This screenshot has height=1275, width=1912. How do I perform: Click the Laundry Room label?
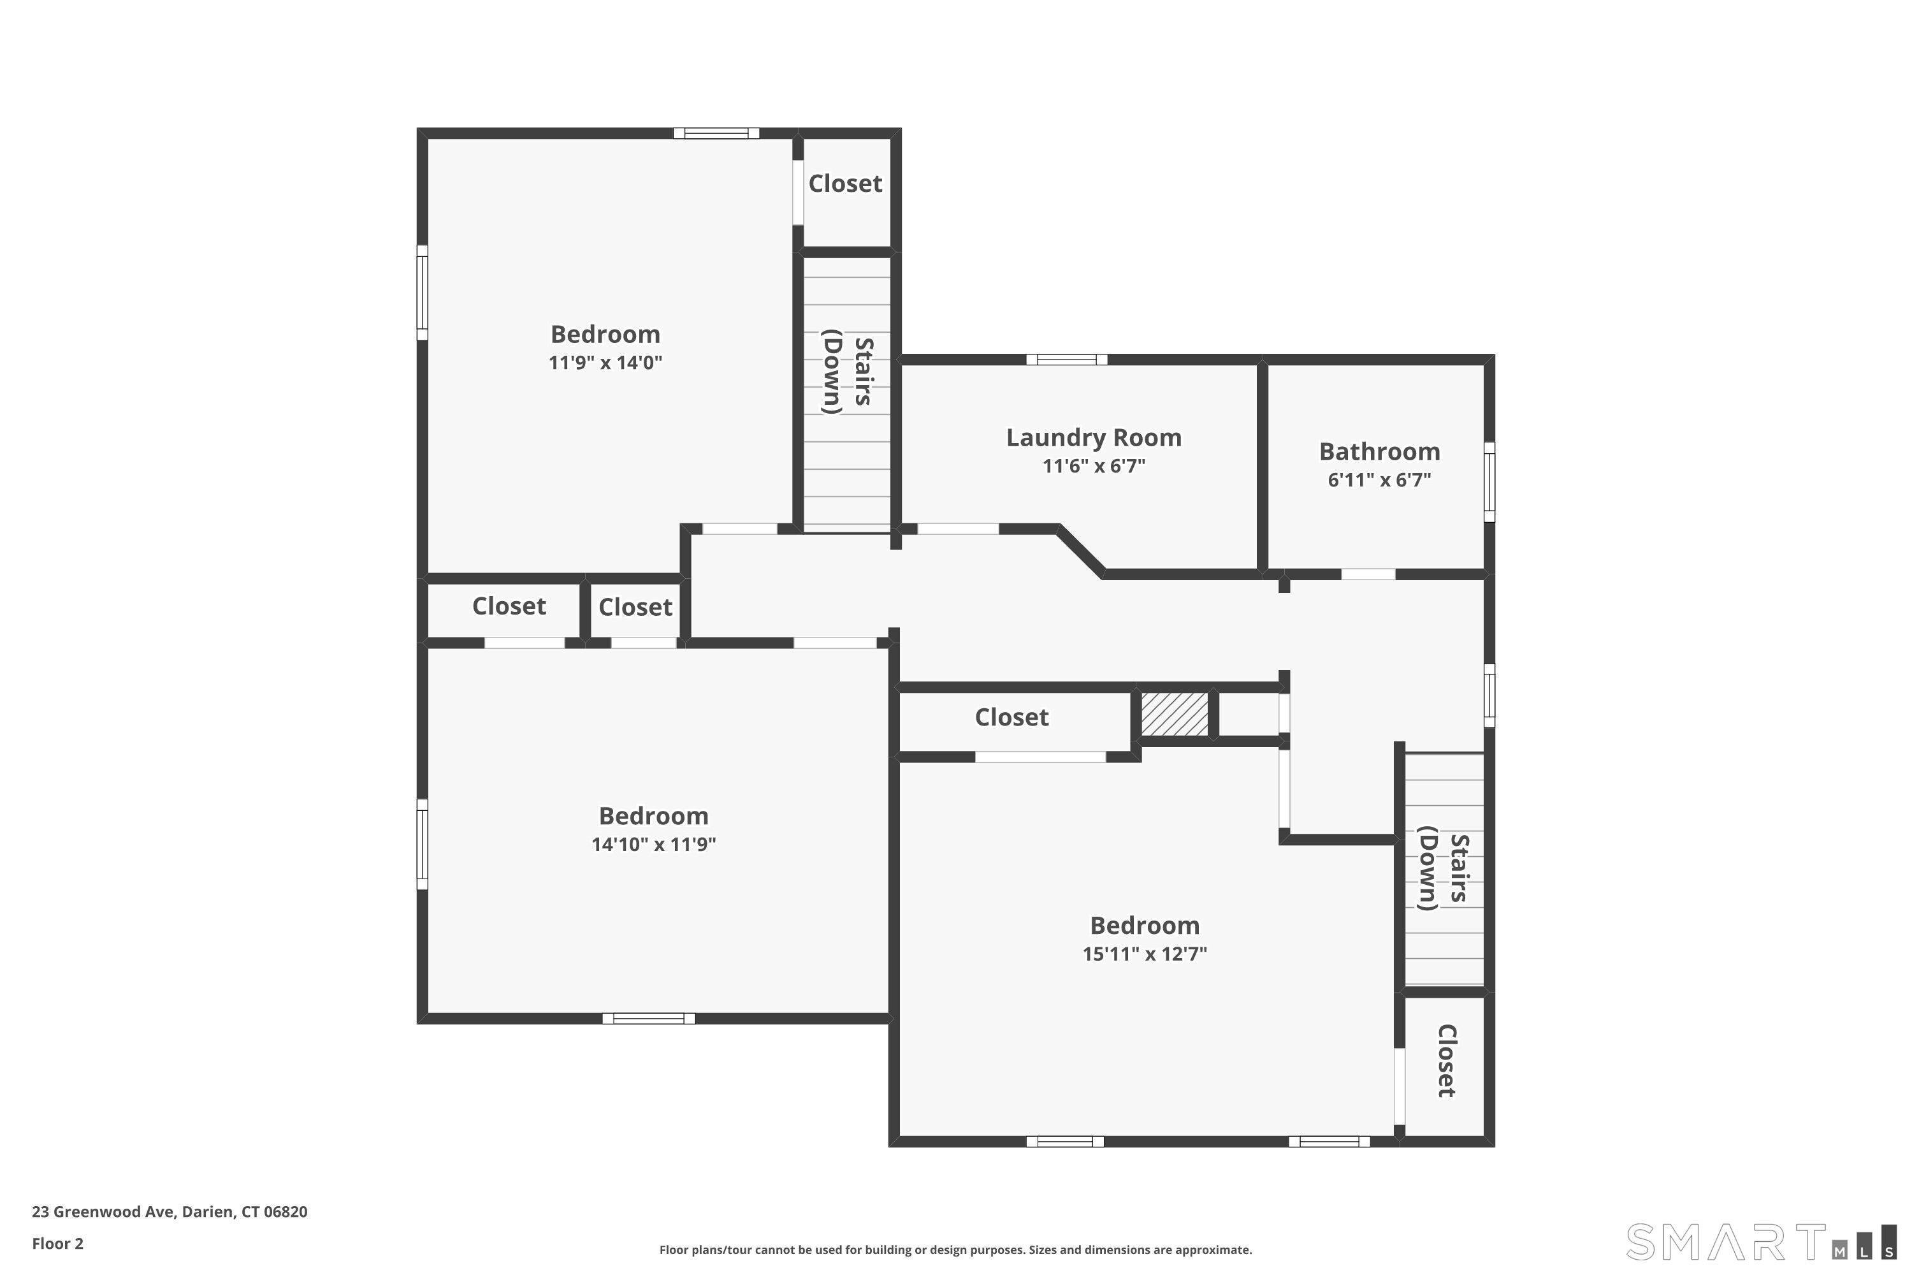1094,437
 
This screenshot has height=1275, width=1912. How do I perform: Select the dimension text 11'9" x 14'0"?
605,363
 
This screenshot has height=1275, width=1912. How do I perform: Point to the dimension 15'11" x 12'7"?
1144,954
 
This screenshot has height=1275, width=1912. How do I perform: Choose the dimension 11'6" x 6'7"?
1094,466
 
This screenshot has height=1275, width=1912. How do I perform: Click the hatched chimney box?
1174,714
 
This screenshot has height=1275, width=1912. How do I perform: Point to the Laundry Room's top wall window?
1066,360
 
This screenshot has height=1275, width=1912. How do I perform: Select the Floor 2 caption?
58,1243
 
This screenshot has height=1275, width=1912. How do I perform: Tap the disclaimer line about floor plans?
955,1249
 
